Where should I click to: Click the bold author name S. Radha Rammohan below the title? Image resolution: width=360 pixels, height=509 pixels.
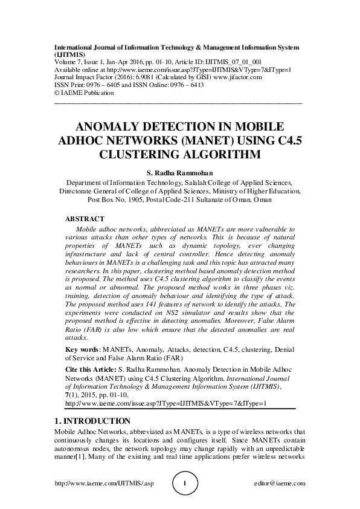pyautogui.click(x=179, y=173)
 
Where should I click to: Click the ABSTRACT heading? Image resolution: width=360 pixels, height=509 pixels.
pyautogui.click(x=85, y=219)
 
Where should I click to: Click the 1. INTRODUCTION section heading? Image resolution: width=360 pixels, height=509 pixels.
pyautogui.click(x=92, y=420)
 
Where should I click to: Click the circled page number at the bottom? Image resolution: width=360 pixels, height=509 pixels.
pyautogui.click(x=185, y=484)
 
